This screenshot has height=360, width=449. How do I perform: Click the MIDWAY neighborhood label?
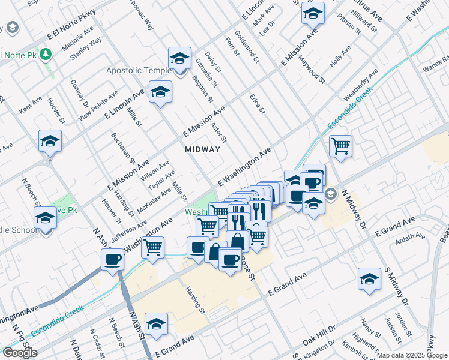point(202,149)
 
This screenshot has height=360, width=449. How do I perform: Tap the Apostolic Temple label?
point(139,71)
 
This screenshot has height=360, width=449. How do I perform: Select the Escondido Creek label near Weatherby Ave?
point(350,109)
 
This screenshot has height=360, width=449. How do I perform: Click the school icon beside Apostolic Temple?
point(179,58)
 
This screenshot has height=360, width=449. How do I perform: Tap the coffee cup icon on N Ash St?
point(112,259)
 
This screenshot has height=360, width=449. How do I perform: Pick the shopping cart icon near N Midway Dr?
point(340,145)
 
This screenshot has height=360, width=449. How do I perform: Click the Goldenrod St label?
point(247,47)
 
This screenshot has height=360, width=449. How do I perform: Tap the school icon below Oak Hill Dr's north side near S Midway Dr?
point(369,278)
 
